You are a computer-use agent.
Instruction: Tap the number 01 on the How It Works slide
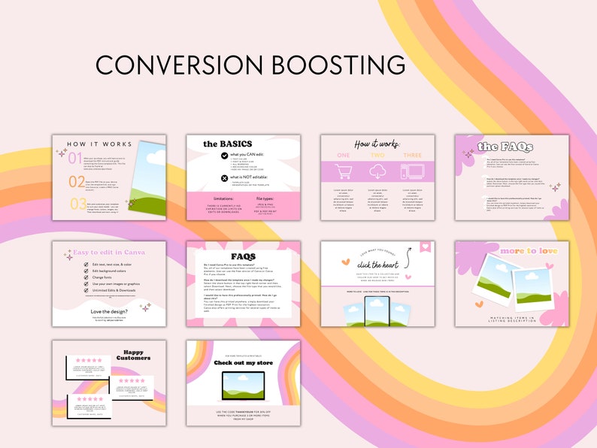[x=75, y=159]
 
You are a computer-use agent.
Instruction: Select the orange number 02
[x=77, y=181]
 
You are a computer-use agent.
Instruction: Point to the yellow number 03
[x=78, y=204]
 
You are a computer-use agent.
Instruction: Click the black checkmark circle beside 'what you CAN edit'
[x=223, y=156]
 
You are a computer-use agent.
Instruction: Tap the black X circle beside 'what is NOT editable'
[x=223, y=178]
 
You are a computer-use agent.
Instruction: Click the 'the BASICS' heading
[x=227, y=144]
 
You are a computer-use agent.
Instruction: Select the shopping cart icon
[x=344, y=172]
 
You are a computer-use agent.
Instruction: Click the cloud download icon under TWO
[x=377, y=172]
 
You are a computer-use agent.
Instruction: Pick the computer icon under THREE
[x=412, y=172]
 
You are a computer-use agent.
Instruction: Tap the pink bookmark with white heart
[x=425, y=247]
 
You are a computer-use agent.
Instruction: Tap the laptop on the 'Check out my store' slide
[x=243, y=386]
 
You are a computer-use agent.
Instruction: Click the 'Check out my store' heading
[x=243, y=362]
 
